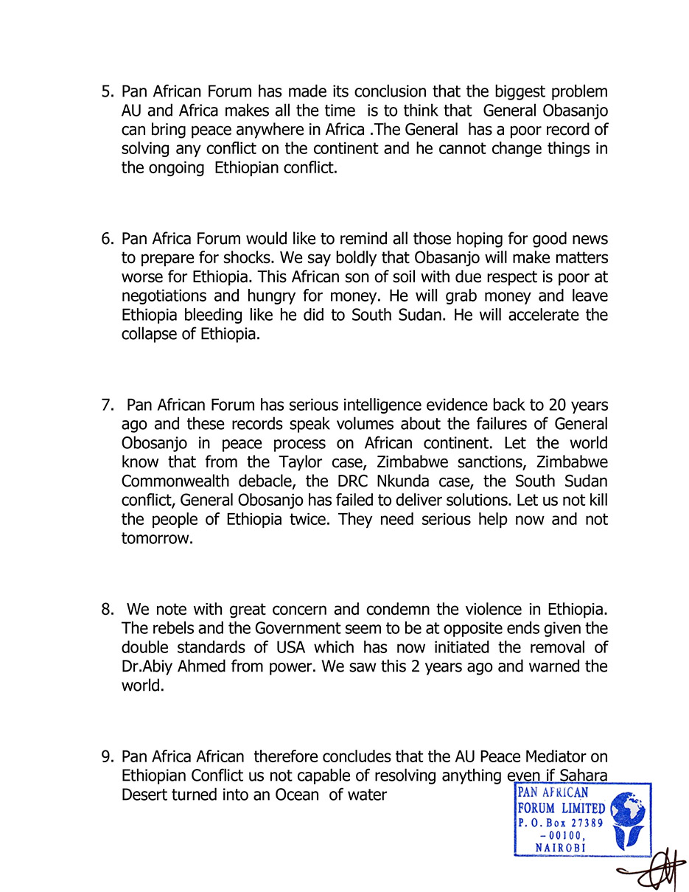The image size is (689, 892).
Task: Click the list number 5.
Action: [107, 92]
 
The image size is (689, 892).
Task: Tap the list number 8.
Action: [107, 610]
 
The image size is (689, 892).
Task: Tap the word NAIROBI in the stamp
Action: [560, 848]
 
